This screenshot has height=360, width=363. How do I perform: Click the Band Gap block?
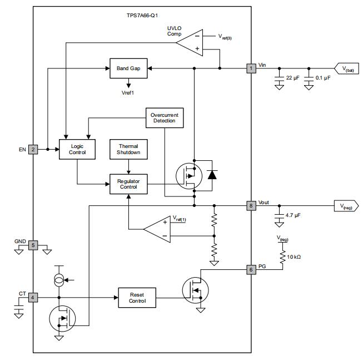click(128, 68)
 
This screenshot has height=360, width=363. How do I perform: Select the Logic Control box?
click(77, 149)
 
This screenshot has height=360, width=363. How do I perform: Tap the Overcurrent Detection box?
click(164, 117)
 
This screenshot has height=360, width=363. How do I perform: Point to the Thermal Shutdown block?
click(128, 149)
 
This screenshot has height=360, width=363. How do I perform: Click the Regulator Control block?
click(128, 184)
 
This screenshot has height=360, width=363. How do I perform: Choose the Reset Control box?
click(137, 298)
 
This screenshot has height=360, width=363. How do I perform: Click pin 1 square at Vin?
click(251, 68)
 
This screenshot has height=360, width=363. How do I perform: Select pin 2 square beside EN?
click(33, 149)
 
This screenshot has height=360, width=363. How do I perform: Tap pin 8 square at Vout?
click(251, 205)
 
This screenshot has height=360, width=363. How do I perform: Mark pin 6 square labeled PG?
click(251, 269)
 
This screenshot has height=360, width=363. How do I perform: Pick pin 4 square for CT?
click(33, 298)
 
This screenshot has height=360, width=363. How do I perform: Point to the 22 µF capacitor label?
click(294, 78)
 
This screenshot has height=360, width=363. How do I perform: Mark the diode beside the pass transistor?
click(211, 174)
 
